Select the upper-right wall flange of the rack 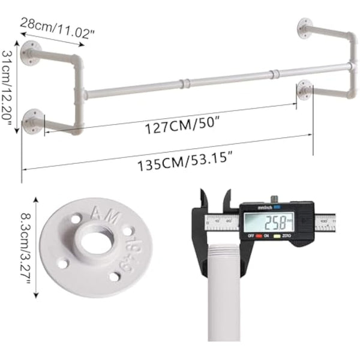pos(305,25)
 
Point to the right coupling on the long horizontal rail pos(274,74)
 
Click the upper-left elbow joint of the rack pos(76,62)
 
